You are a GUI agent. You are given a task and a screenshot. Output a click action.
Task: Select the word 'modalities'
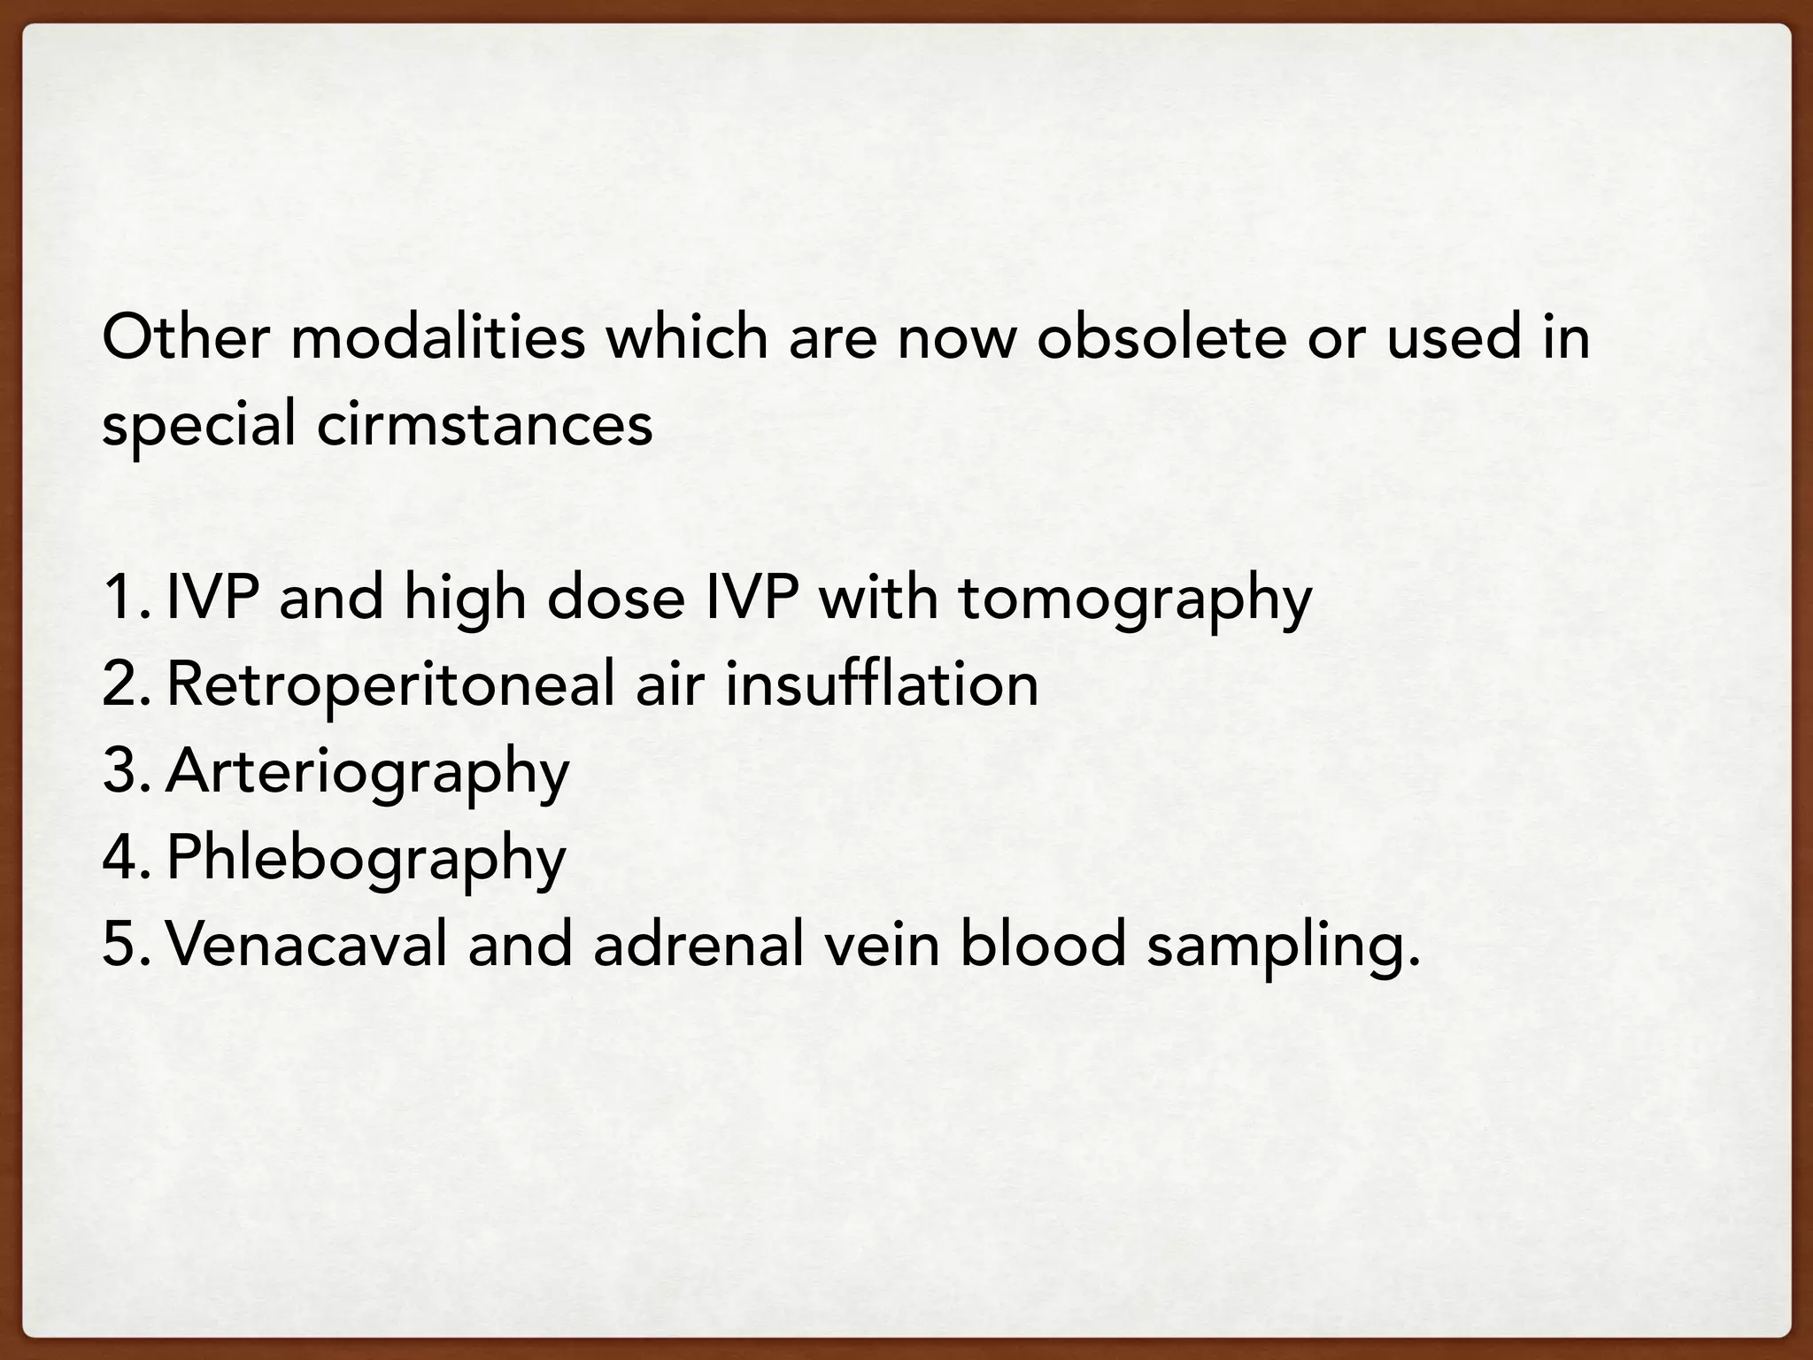(437, 338)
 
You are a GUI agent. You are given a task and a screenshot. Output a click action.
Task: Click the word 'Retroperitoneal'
(390, 685)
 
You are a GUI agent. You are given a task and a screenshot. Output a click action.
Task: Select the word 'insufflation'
(882, 684)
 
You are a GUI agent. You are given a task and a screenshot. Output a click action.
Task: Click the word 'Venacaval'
(306, 944)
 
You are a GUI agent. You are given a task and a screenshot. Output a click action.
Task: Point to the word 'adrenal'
(699, 944)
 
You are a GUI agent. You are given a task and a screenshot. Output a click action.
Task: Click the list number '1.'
(124, 599)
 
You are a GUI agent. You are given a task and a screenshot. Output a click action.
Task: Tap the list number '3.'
(124, 770)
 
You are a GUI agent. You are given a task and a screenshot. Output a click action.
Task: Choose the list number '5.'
(124, 944)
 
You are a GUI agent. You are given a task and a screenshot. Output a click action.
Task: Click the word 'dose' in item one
(616, 599)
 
